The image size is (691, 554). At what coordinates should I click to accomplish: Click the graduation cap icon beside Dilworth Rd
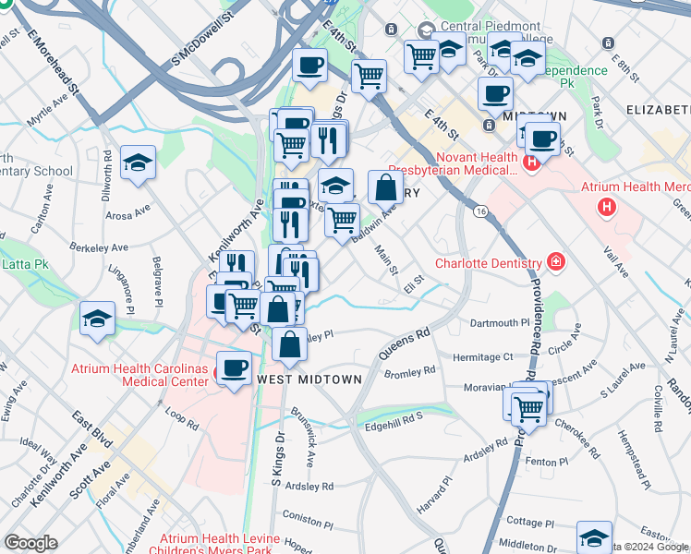138,164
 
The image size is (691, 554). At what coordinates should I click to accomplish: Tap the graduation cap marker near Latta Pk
97,319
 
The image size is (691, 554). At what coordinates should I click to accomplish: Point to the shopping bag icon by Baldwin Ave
384,187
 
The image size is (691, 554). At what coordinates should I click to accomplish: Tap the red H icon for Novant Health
531,163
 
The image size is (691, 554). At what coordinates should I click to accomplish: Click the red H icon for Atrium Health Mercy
607,207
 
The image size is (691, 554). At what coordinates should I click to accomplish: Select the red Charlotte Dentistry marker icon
555,262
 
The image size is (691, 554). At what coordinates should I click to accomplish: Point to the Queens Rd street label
404,343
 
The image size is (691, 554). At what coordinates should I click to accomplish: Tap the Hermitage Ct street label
481,356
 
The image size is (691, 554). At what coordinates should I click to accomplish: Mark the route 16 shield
481,211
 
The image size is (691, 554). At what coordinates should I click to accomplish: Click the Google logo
30,543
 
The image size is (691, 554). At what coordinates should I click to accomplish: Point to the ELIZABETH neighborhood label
658,109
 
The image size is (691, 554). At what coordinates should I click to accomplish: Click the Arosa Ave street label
128,213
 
